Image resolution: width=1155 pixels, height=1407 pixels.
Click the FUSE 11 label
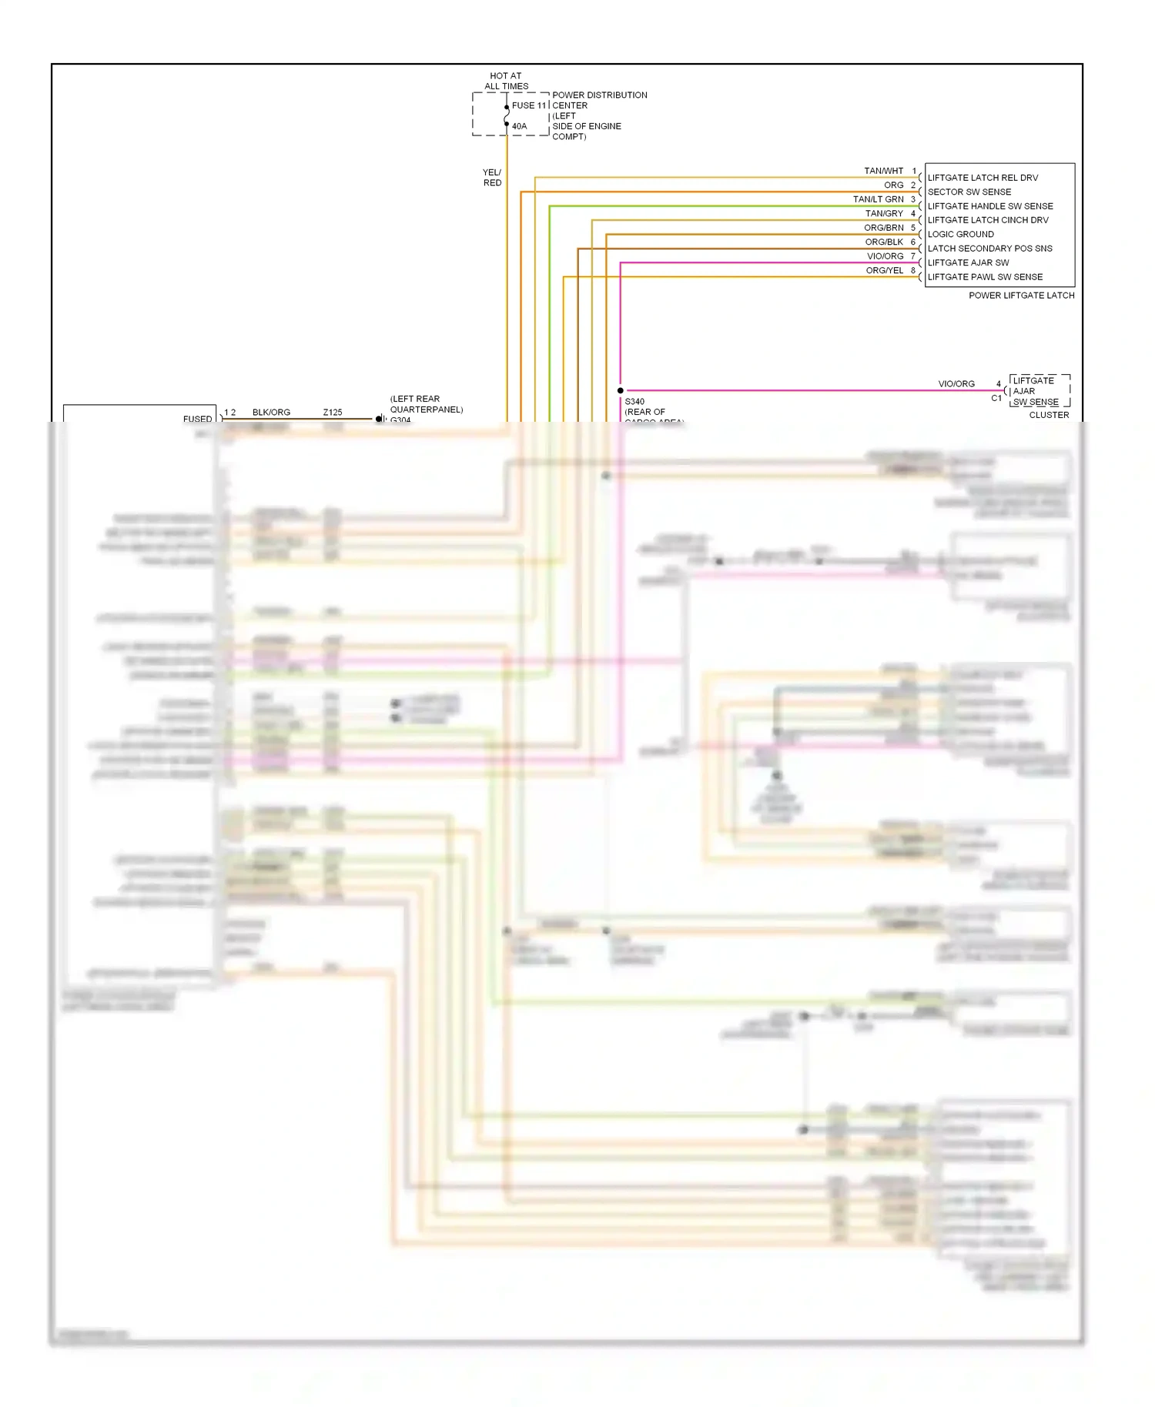pos(529,105)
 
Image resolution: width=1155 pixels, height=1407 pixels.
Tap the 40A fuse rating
pos(520,126)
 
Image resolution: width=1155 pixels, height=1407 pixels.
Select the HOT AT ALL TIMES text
pos(507,81)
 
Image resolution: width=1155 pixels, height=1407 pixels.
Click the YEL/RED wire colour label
pos(492,178)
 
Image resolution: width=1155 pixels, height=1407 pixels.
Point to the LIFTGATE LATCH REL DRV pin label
pos(983,178)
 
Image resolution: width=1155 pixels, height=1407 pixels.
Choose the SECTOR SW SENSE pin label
pos(969,192)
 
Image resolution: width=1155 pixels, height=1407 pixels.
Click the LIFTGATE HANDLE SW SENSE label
pos(990,206)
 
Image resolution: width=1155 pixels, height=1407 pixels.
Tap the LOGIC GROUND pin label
pos(960,234)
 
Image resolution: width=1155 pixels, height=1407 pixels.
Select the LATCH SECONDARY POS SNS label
pos(989,249)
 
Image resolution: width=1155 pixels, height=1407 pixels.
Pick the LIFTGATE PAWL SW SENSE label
pos(985,277)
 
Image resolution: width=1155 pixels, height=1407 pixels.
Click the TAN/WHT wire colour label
pos(883,171)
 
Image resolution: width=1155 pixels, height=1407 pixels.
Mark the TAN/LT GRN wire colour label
pos(878,199)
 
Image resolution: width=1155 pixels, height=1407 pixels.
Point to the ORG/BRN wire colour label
pos(883,228)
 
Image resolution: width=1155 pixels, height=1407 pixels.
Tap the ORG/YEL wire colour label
pos(884,270)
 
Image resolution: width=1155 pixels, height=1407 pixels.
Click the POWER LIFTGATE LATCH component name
pos(1021,296)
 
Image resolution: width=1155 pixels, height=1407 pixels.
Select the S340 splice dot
pos(621,391)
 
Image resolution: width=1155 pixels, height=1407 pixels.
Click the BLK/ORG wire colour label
pos(271,413)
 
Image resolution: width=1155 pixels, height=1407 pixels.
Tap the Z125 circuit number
pos(333,413)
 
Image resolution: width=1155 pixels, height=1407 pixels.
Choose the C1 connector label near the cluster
pos(996,399)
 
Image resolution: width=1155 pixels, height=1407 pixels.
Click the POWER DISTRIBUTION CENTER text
pos(599,100)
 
